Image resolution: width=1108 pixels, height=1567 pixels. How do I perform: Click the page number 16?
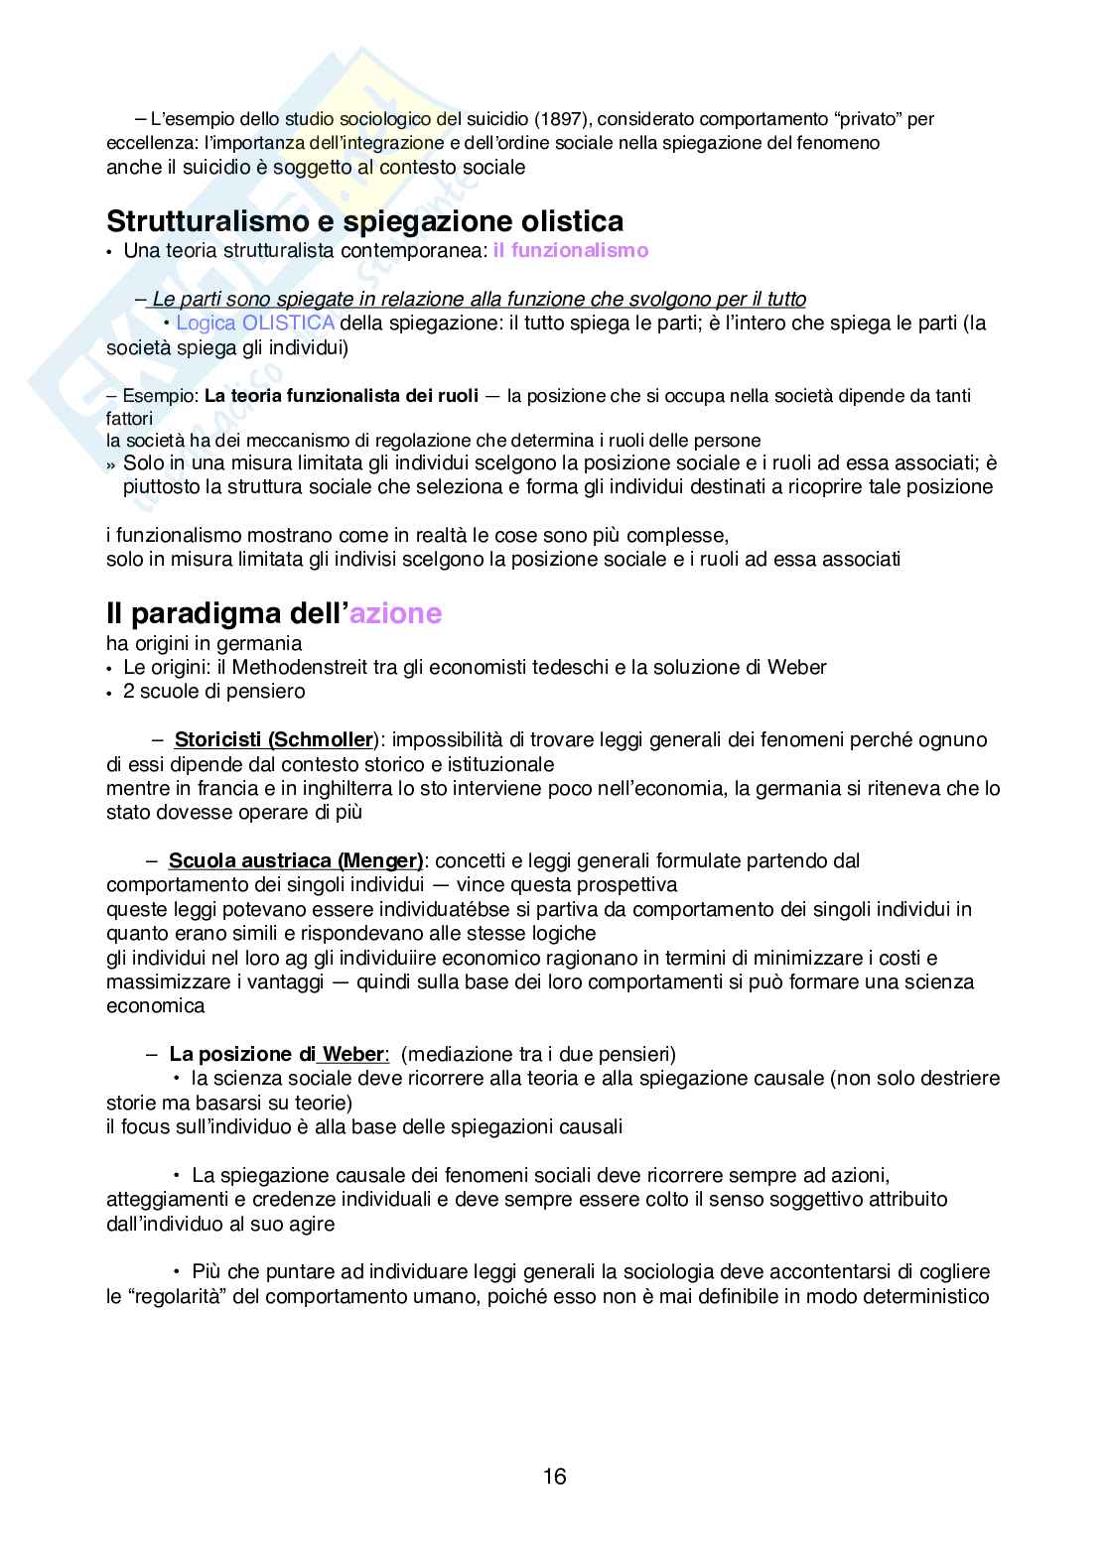[554, 1476]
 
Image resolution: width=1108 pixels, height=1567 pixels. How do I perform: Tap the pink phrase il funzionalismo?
[571, 250]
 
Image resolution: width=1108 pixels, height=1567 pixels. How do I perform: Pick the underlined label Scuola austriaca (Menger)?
[296, 860]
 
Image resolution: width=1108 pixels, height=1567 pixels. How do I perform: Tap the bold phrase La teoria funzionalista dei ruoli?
[342, 396]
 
